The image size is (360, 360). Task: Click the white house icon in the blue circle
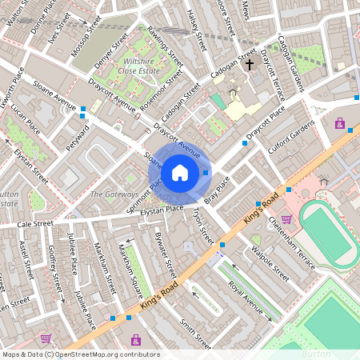point(180,173)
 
